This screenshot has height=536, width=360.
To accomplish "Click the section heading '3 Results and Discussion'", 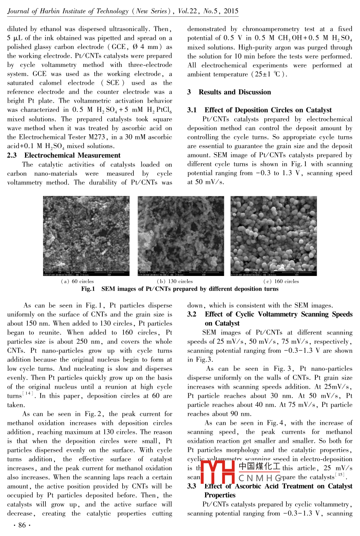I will click(x=229, y=92).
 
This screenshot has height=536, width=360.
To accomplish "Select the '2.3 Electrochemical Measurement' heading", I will click(x=64, y=155).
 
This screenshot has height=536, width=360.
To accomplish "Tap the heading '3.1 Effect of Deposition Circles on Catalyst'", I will click(x=260, y=110).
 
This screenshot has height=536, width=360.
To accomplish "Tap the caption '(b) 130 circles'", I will click(x=175, y=282).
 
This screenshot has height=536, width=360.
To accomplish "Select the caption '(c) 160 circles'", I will click(x=281, y=282).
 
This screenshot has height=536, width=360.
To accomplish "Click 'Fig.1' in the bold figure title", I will click(x=88, y=289).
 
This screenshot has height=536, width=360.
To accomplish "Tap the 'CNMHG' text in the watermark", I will click(x=260, y=477).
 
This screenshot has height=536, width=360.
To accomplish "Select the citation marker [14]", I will click(x=28, y=394).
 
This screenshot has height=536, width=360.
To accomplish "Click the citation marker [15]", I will click(x=340, y=475).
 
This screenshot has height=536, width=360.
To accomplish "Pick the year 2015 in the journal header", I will click(x=231, y=11).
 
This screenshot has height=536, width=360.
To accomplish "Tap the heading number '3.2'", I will click(x=192, y=315).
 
